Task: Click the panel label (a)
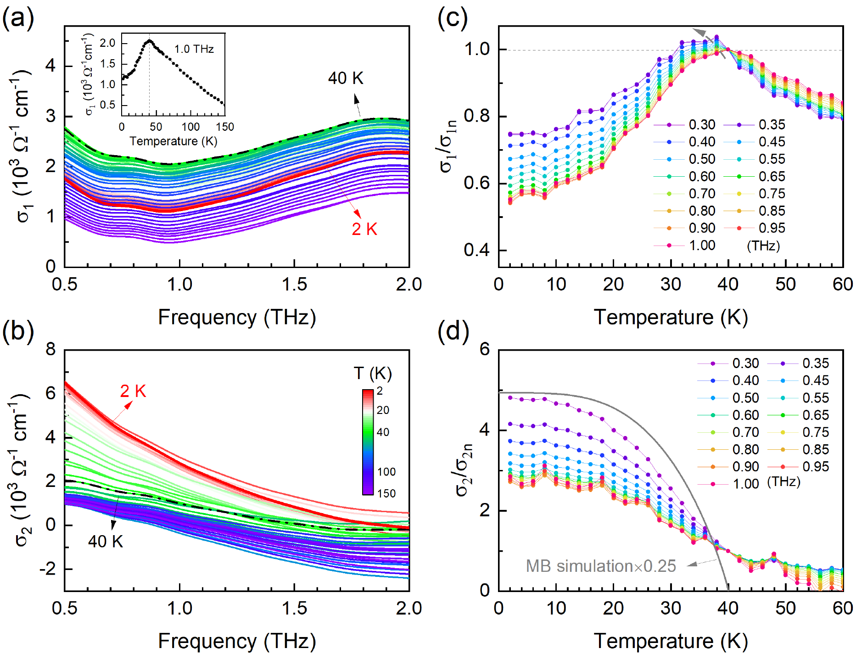coord(18,19)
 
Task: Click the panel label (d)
coord(453,331)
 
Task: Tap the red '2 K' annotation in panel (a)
coord(364,229)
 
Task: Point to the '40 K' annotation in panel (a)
coord(346,78)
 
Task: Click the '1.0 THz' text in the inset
coord(194,49)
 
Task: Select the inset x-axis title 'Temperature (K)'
coord(173,141)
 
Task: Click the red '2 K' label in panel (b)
coord(133,391)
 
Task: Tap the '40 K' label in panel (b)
coord(106,542)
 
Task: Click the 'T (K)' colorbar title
coord(373,373)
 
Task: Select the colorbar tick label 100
coord(386,472)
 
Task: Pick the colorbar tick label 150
coord(386,493)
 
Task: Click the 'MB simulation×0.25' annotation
coord(601,566)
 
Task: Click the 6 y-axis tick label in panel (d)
coord(485,350)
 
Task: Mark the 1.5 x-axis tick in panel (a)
coord(294,285)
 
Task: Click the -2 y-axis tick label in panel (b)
coord(48,569)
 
